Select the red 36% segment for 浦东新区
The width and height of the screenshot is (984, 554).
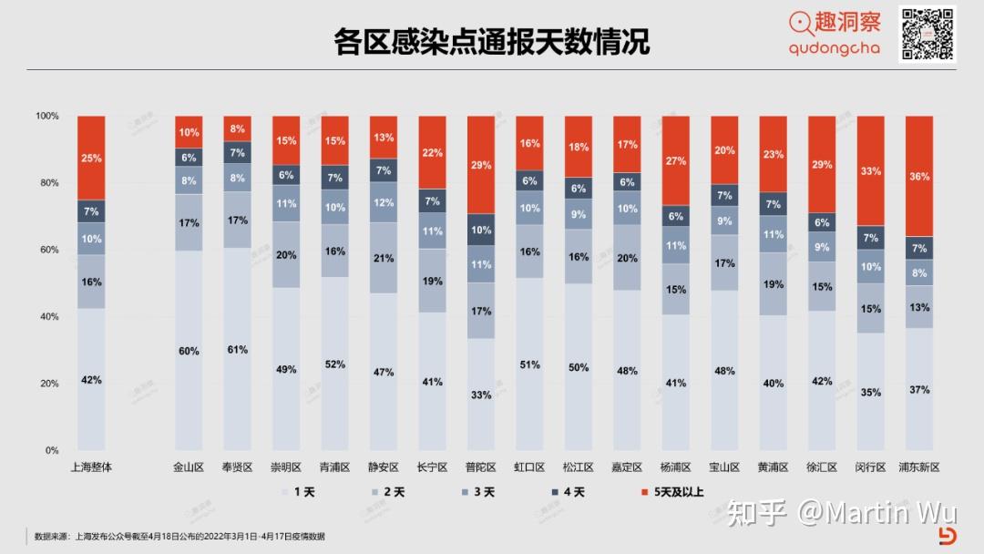(x=919, y=176)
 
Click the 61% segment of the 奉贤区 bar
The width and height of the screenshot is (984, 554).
(x=237, y=349)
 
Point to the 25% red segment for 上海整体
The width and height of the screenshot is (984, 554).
(x=91, y=158)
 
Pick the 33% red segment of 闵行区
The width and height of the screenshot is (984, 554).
(x=870, y=170)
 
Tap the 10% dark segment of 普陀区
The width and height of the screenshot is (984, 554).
(x=481, y=230)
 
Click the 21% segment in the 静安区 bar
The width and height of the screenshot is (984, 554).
(x=384, y=258)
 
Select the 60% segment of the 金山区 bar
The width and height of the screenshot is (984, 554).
(x=189, y=351)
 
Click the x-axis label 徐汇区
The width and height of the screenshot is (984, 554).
(x=821, y=467)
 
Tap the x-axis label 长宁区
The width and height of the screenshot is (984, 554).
(x=432, y=467)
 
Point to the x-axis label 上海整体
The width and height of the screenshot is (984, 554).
(x=91, y=467)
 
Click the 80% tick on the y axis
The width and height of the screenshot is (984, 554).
(x=46, y=183)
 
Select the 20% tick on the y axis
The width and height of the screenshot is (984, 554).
(x=46, y=384)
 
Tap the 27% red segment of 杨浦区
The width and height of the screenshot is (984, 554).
(x=675, y=160)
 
